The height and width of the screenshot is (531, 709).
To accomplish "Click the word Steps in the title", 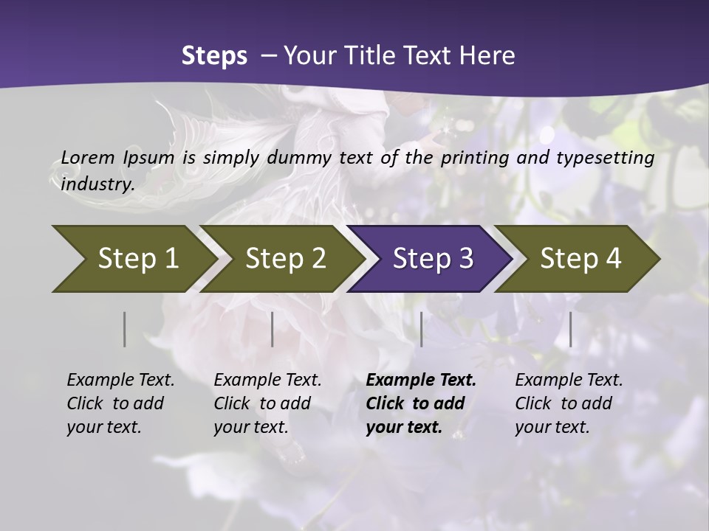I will point(214,56).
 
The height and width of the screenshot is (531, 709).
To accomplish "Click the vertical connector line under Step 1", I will point(125,329).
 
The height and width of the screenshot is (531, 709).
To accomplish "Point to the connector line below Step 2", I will point(273,329).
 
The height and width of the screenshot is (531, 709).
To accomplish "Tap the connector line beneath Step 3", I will point(422,329).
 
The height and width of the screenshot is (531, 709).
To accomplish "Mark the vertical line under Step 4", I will point(571,329).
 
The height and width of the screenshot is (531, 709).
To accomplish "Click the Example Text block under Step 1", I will point(120,403).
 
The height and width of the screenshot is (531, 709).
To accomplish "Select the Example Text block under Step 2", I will point(267,403).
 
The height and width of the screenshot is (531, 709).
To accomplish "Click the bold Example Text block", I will point(421,403).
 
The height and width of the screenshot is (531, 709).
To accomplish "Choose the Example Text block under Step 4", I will point(569,403).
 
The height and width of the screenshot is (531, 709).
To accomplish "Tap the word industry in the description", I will point(97,184).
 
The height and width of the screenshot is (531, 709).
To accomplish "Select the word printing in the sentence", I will point(476,157).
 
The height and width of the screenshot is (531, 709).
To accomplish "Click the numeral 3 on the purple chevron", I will point(465,258).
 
